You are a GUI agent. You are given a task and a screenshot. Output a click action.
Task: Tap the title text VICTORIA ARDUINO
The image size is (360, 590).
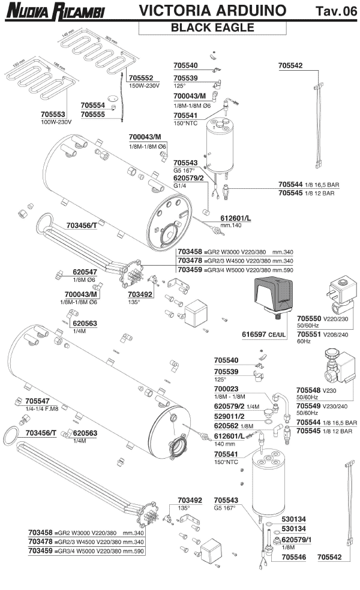click(x=212, y=11)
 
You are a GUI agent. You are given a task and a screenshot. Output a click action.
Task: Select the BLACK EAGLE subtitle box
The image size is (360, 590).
click(x=212, y=27)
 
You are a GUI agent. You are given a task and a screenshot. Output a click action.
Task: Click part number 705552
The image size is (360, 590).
click(x=141, y=78)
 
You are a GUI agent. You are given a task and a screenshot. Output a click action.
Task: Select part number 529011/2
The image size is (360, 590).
click(x=229, y=415)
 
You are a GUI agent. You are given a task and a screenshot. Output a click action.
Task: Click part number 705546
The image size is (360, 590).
click(x=287, y=556)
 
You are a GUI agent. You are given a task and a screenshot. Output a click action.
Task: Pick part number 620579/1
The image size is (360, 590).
click(x=294, y=540)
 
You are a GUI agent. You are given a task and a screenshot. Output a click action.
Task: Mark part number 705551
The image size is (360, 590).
click(x=309, y=333)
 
